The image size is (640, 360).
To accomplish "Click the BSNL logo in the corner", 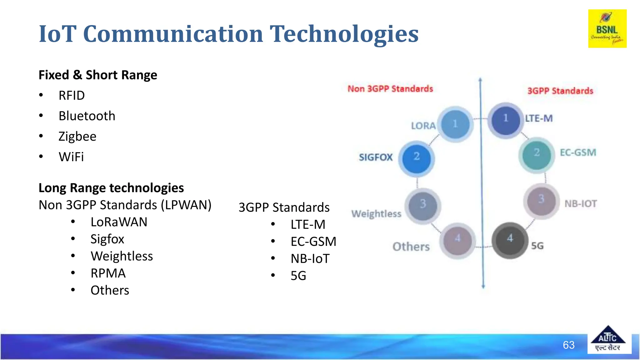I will click(x=607, y=29).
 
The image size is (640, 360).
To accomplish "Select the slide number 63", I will click(x=568, y=345).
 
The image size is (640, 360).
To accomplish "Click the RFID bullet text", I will click(x=72, y=96).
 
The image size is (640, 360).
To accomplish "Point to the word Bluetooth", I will click(x=87, y=116).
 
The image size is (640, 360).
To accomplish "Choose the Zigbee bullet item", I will click(x=77, y=137).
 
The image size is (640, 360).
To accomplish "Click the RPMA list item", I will click(x=108, y=273).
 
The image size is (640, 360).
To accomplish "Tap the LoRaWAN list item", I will click(x=119, y=222).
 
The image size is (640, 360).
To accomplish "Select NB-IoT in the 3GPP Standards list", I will click(x=310, y=259).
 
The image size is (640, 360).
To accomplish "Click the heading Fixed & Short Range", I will click(x=98, y=75).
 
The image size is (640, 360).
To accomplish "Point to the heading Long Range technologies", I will click(x=111, y=188).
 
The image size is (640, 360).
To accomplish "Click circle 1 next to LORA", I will click(x=455, y=124).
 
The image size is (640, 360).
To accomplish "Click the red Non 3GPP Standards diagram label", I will click(x=390, y=89).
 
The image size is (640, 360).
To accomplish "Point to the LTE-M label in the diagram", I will click(x=539, y=118).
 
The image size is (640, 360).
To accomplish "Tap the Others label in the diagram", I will click(x=411, y=247).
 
